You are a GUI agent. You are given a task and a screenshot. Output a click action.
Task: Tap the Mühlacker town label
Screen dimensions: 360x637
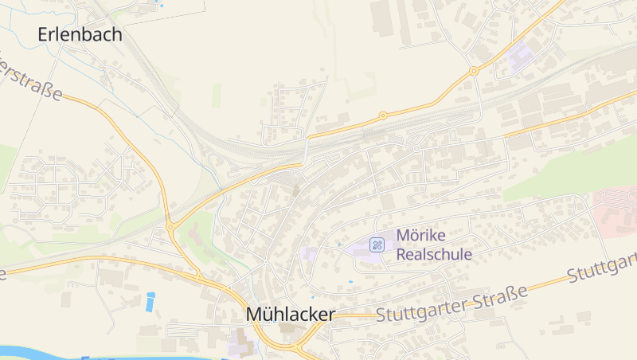click(x=290, y=315)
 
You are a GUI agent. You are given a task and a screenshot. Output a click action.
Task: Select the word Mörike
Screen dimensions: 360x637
click(x=422, y=237)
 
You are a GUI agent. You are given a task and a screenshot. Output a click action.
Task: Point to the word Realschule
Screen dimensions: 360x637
click(x=434, y=255)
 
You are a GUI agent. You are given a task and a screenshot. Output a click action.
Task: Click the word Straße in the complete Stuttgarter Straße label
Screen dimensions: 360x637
click(x=498, y=299)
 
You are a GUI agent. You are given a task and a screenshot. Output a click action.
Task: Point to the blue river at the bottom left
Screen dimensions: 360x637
click(x=48, y=351)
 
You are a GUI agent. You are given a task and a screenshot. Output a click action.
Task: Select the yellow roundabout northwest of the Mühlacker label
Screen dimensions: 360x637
click(x=170, y=228)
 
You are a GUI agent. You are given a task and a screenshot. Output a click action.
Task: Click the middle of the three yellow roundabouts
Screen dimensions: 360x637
click(x=383, y=115)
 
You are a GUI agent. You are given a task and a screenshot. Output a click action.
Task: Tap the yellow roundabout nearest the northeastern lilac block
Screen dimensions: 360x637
click(x=474, y=71)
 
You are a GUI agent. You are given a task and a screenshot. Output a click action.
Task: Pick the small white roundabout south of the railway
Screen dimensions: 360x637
click(x=416, y=148)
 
